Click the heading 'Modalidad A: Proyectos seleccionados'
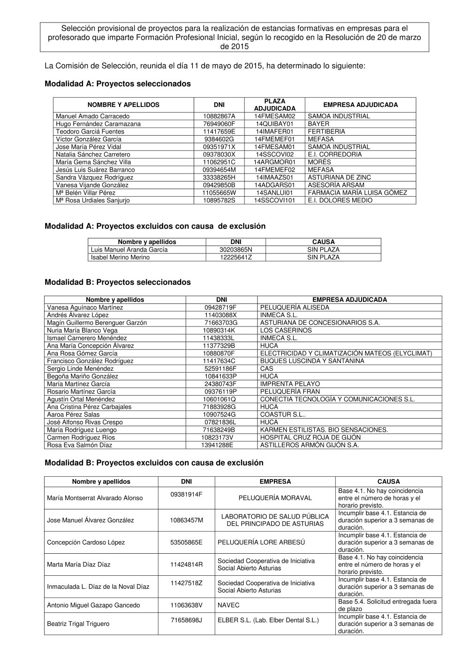point(117,84)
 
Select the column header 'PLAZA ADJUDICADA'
point(275,105)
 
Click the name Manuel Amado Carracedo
point(93,116)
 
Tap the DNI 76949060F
point(219,124)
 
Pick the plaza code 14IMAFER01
point(275,132)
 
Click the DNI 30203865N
point(236,250)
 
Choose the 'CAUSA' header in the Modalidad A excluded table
point(323,242)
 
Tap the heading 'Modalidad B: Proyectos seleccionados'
point(117,282)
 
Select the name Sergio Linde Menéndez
point(77,369)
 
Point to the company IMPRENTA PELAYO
point(290,384)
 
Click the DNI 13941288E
point(217,445)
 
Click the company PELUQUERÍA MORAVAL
point(275,498)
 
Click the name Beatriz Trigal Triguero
point(78,624)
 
